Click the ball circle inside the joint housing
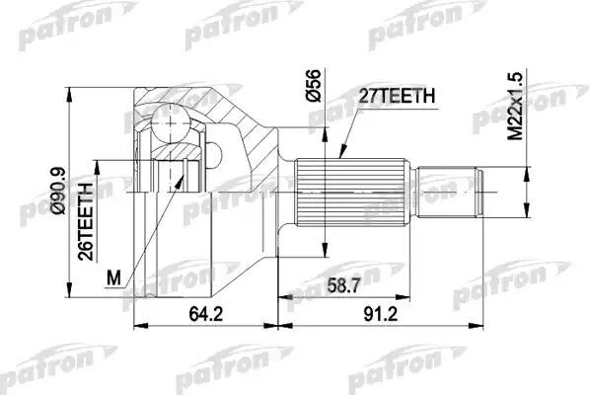169,122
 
